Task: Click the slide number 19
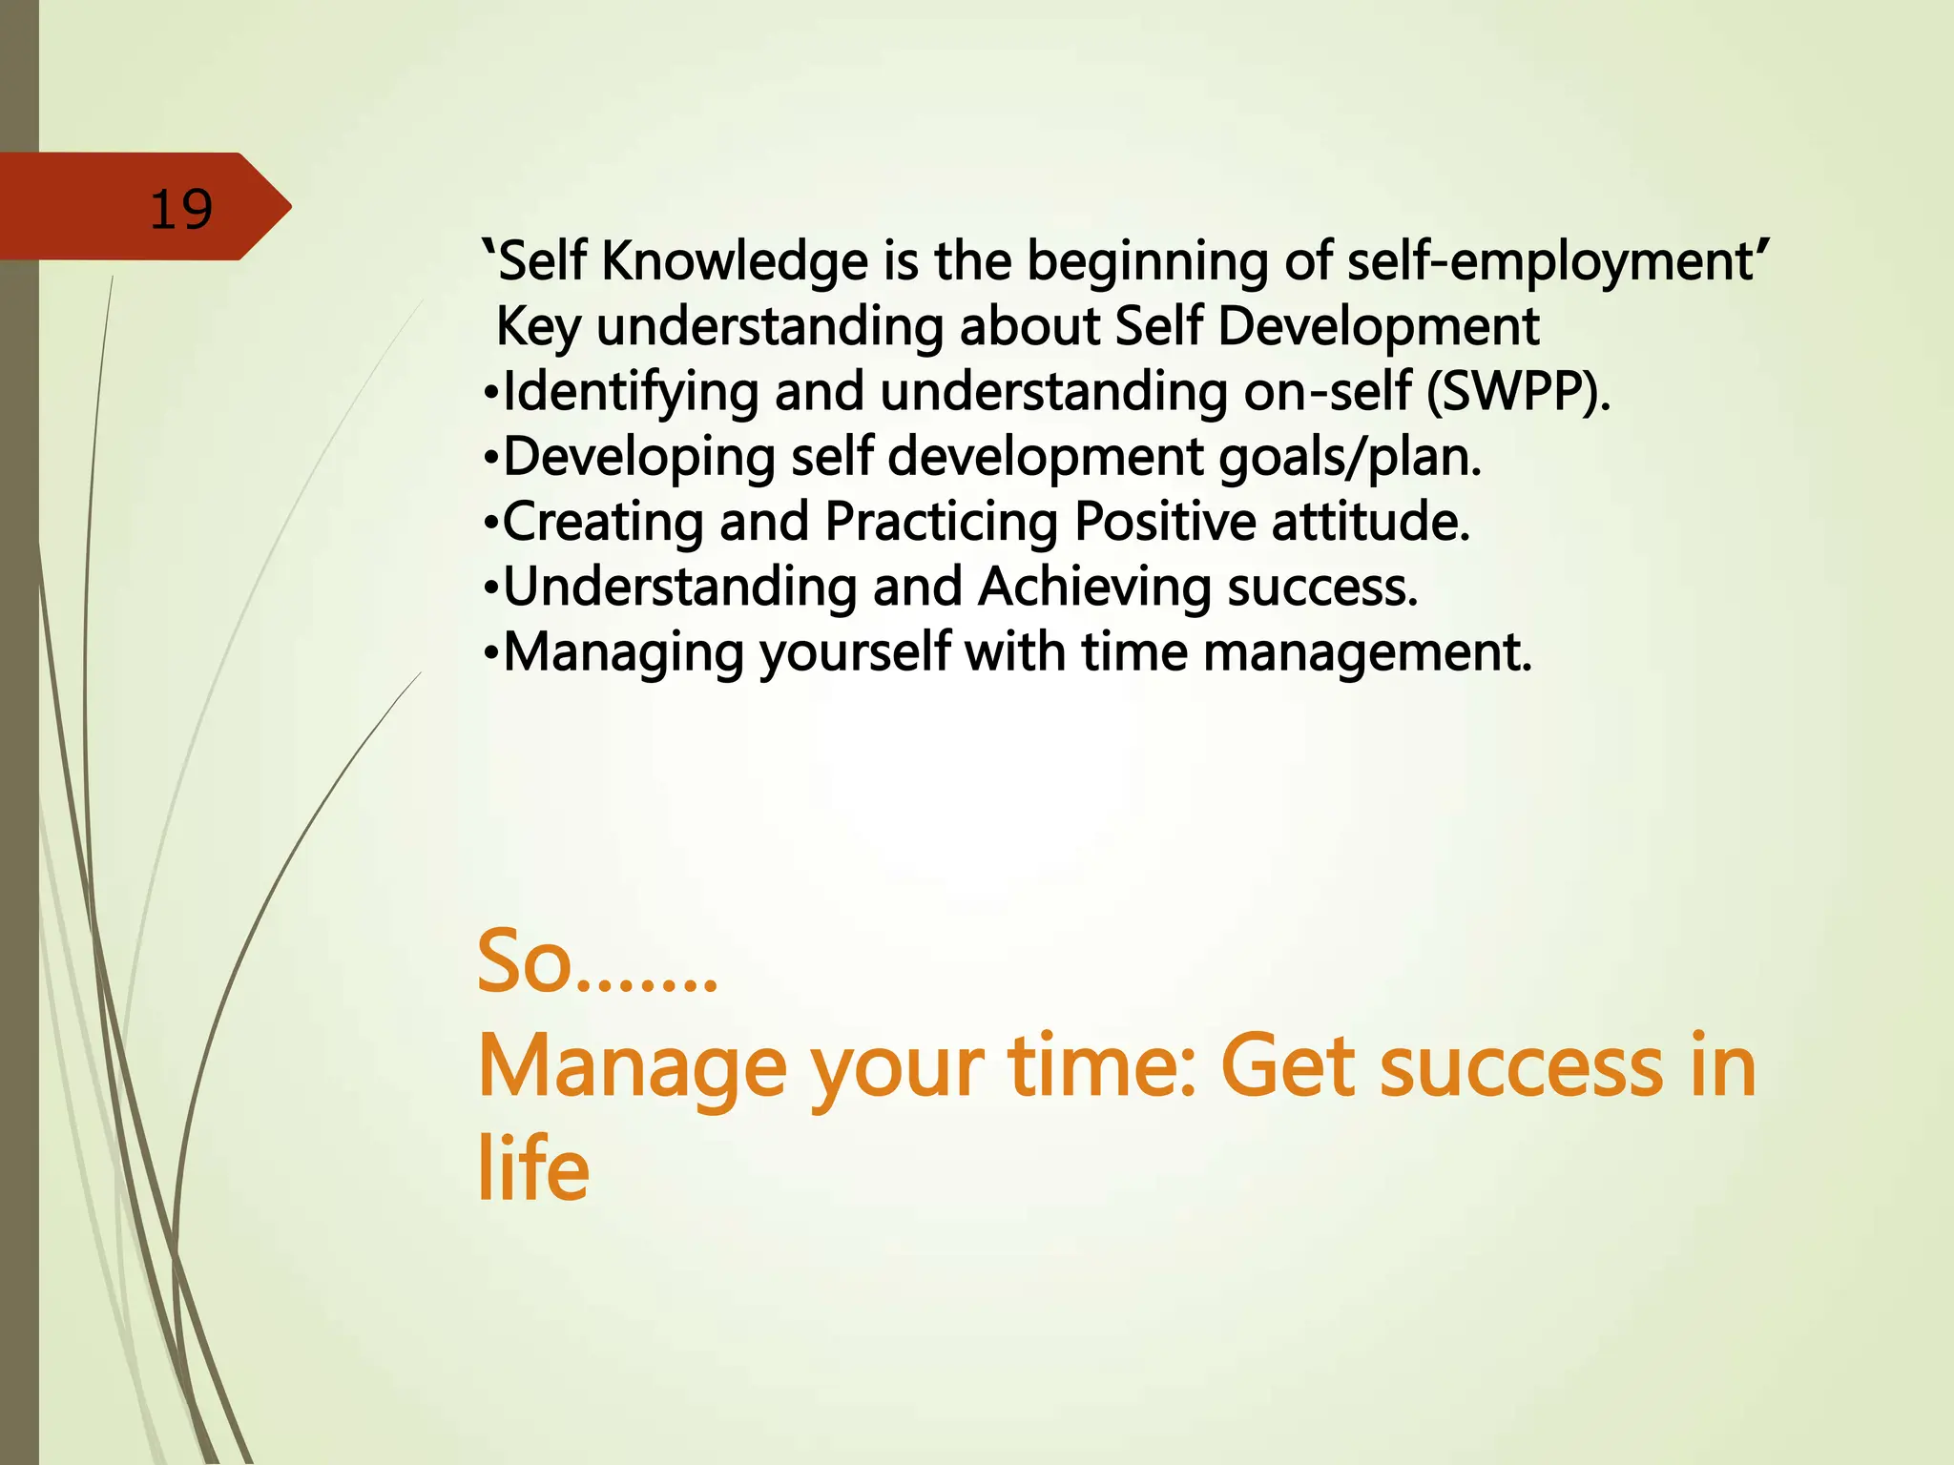pos(181,209)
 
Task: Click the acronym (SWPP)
pos(1517,392)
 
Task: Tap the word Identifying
pos(630,392)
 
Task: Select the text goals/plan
pos(1350,457)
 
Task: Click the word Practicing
pos(941,522)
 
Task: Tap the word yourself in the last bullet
pos(855,652)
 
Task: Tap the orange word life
pos(532,1168)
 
